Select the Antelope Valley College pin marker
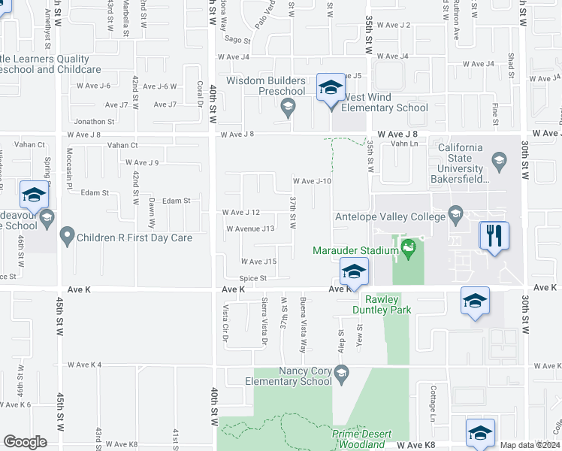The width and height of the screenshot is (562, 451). [x=455, y=215]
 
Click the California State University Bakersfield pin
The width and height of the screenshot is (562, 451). [x=498, y=160]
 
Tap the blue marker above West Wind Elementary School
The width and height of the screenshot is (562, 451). [x=330, y=88]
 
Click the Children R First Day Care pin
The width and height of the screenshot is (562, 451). [x=67, y=238]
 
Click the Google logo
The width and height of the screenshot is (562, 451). [x=25, y=442]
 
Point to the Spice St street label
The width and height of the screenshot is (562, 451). [x=253, y=278]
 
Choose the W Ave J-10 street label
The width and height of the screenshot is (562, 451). [x=312, y=181]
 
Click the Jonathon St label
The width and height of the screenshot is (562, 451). [x=94, y=121]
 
